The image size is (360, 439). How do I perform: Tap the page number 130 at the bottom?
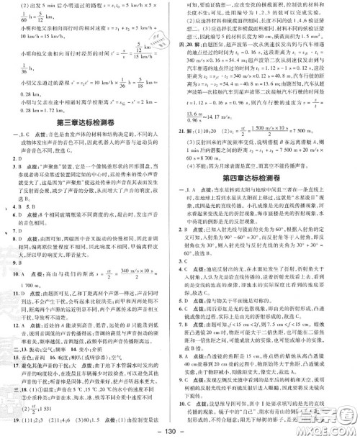pyautogui.click(x=179, y=430)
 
